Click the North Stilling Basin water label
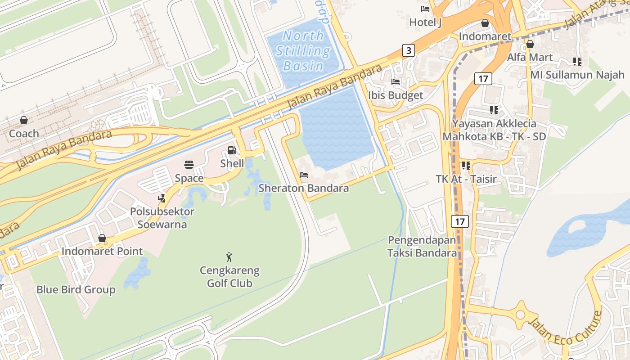[303, 50]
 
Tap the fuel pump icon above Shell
[232, 150]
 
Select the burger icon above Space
[189, 165]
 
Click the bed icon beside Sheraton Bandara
[304, 175]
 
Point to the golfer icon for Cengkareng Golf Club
[229, 257]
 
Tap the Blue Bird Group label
[76, 290]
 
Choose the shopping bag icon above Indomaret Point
[102, 238]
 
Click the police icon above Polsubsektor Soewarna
[162, 198]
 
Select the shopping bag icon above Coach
[24, 120]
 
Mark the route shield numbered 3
[408, 50]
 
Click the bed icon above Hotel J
[425, 9]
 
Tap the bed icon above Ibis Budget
[396, 82]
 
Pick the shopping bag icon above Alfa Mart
[530, 44]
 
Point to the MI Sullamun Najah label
[577, 75]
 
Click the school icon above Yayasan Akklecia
[494, 110]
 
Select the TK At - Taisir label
[466, 179]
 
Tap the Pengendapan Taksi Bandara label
[422, 247]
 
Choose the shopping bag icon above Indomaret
[485, 23]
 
